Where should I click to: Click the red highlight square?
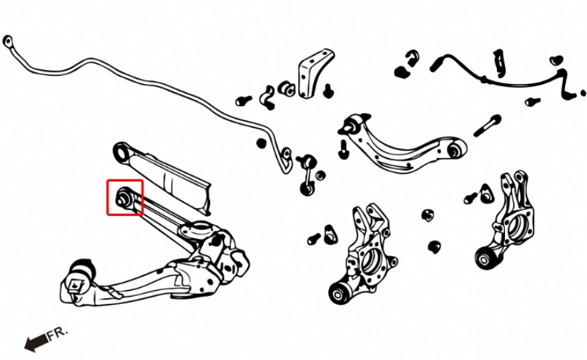[125, 181]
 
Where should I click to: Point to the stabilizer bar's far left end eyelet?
[7, 41]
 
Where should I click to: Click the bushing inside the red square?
[123, 197]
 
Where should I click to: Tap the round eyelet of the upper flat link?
[121, 152]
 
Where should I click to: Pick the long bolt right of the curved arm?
[488, 125]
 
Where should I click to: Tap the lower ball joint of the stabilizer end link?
[308, 188]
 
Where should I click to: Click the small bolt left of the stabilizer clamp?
[243, 100]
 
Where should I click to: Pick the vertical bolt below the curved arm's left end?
[344, 149]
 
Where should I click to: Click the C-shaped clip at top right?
[412, 57]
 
